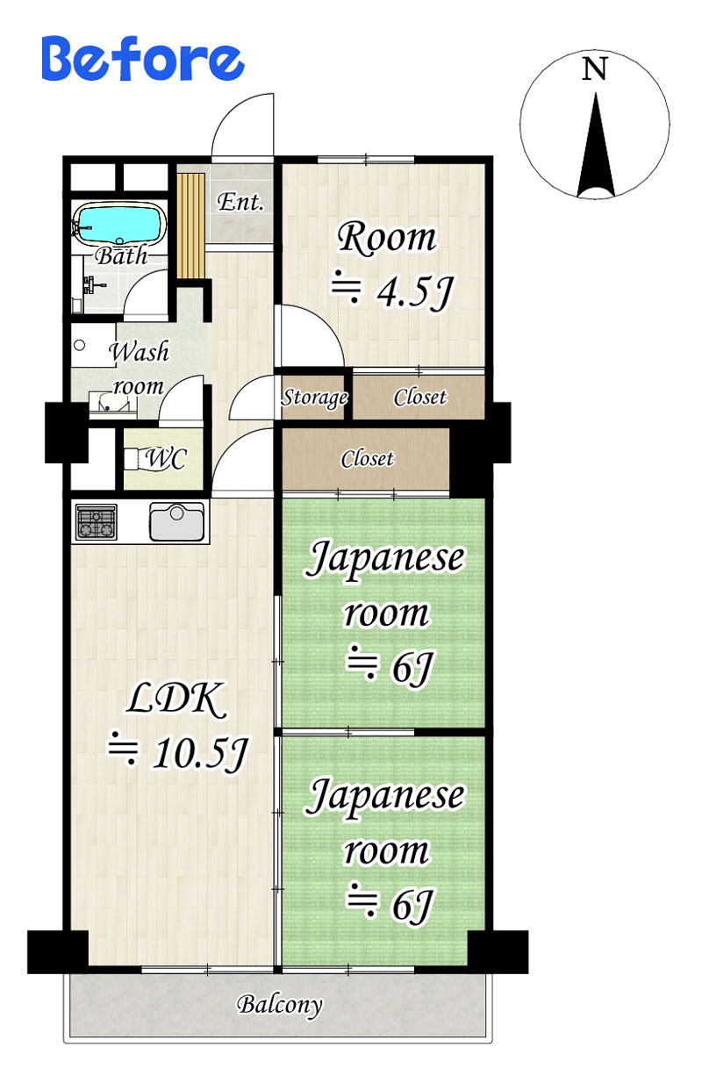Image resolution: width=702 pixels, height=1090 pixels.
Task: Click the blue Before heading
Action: pos(142,59)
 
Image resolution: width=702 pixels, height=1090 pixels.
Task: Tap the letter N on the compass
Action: pos(594,69)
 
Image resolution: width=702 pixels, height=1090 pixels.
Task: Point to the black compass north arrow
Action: pos(596,145)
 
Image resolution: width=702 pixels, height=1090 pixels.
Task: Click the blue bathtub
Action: pos(119,224)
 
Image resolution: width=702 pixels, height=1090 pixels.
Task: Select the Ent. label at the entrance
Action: pos(240,202)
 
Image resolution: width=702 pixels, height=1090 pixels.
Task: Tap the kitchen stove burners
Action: pos(97,521)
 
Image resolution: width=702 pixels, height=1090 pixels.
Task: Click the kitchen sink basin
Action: pos(176,521)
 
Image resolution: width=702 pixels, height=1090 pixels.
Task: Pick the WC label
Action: pos(166,458)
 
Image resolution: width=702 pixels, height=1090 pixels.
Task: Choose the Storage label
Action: pos(315,398)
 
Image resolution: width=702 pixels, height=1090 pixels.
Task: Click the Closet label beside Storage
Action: pos(419,397)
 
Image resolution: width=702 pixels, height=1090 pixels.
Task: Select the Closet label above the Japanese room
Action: pos(368,459)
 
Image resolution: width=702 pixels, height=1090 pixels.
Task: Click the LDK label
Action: pos(177,699)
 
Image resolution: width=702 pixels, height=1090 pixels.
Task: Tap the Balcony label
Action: pos(280,1005)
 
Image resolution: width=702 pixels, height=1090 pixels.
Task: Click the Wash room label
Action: pos(139,369)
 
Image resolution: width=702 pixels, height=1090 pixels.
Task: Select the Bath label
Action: pos(121,256)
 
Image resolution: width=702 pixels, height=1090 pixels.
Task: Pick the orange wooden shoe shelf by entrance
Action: pos(190,226)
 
